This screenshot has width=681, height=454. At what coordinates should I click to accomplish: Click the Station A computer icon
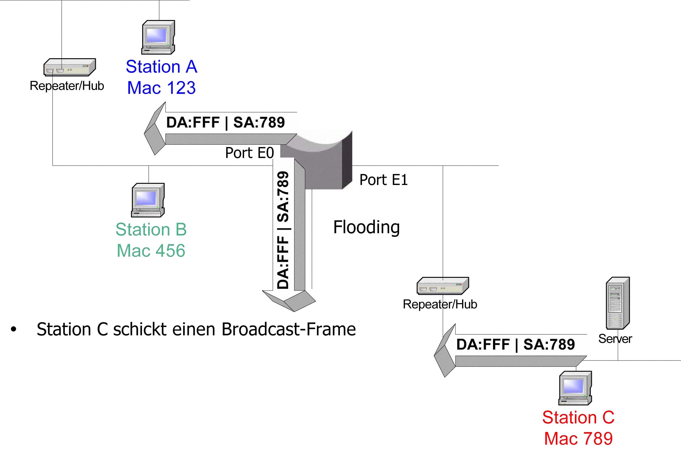click(158, 37)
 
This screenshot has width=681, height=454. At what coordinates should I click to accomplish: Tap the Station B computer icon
click(148, 200)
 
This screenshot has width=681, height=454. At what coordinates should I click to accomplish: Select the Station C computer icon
click(575, 388)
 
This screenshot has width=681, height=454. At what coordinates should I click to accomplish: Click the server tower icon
click(618, 303)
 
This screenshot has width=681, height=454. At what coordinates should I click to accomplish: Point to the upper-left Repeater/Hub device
click(70, 67)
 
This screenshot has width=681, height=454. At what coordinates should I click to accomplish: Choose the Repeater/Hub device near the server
click(443, 286)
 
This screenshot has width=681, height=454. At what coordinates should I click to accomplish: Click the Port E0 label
click(250, 153)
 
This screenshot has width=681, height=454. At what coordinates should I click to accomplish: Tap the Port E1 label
click(384, 180)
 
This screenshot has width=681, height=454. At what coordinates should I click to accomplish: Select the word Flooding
click(366, 227)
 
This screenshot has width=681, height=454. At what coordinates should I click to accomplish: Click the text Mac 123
click(161, 88)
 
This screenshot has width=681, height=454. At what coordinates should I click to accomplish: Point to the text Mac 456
click(151, 251)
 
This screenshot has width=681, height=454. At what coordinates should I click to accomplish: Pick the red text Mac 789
click(579, 439)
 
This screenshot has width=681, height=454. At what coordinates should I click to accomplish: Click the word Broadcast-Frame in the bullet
click(289, 329)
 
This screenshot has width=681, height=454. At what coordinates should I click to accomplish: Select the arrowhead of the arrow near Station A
click(155, 129)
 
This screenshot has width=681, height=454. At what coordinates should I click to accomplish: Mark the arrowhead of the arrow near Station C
click(445, 351)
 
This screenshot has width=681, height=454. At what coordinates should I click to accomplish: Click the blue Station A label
click(162, 66)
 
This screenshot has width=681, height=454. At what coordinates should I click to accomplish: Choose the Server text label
click(615, 339)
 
